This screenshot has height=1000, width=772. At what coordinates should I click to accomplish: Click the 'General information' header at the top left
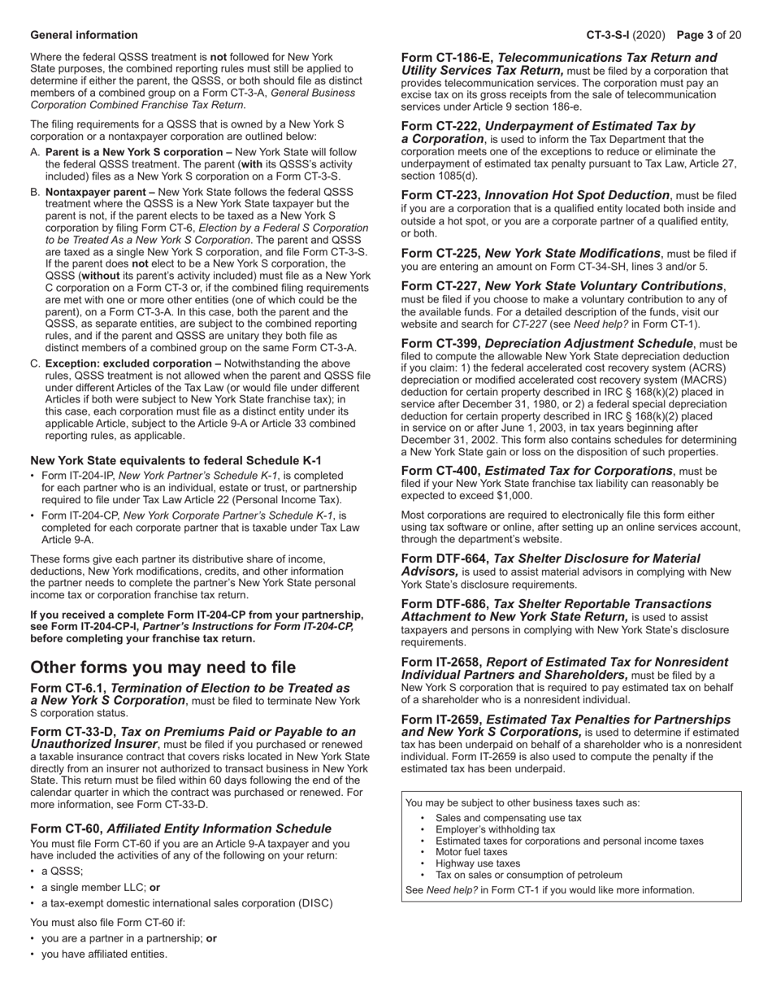tap(84, 35)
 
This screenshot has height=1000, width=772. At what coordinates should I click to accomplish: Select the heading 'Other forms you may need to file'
tap(163, 667)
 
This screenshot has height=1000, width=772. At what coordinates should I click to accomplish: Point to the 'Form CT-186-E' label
tap(446, 58)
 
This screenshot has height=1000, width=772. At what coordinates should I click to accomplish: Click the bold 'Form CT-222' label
tap(440, 126)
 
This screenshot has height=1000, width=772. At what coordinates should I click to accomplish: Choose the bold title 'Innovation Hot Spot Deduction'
tap(578, 195)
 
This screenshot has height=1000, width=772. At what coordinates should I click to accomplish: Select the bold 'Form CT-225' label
tap(440, 254)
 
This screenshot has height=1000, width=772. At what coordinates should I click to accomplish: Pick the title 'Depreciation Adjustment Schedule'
tap(589, 344)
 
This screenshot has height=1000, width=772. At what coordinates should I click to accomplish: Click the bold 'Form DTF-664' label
tap(444, 559)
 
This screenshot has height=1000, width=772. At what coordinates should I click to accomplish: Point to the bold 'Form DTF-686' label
tap(444, 604)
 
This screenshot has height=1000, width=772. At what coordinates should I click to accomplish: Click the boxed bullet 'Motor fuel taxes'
tap(471, 852)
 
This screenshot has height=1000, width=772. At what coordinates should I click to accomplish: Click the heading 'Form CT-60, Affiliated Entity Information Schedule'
tap(180, 828)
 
